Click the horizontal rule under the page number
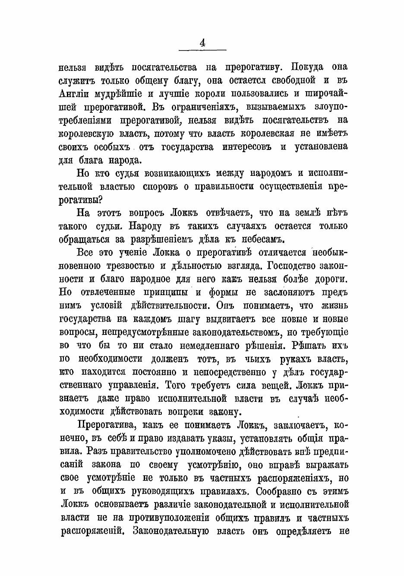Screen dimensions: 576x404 pyautogui.click(x=202, y=51)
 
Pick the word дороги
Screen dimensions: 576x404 pyautogui.click(x=328, y=279)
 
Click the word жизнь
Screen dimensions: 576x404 pyautogui.click(x=334, y=305)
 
